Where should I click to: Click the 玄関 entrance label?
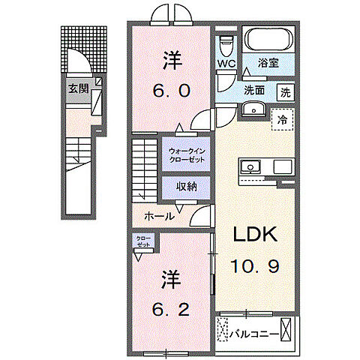pos(78,87)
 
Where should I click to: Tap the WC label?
pos(227,64)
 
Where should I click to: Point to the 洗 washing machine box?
pos(286,93)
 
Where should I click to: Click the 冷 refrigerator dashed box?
pos(282,119)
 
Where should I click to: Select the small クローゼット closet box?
pos(142,241)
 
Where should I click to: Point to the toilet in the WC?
pos(226,44)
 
